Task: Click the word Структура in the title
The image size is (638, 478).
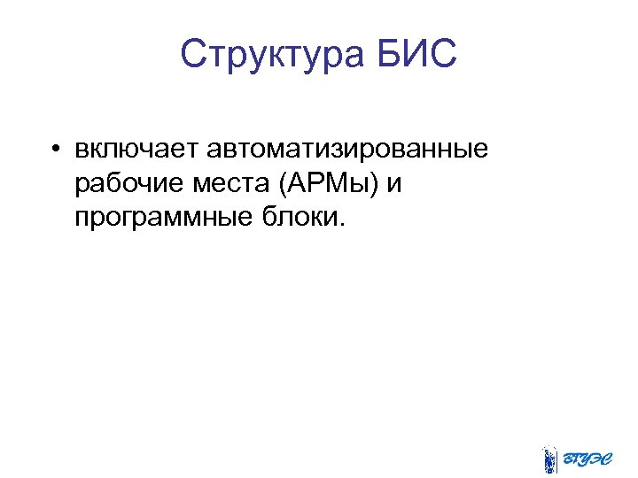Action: pyautogui.click(x=268, y=54)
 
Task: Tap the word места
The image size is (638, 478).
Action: pyautogui.click(x=228, y=183)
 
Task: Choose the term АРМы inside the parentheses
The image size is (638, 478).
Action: pyautogui.click(x=330, y=183)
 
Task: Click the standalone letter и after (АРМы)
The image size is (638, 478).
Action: pyautogui.click(x=395, y=184)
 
